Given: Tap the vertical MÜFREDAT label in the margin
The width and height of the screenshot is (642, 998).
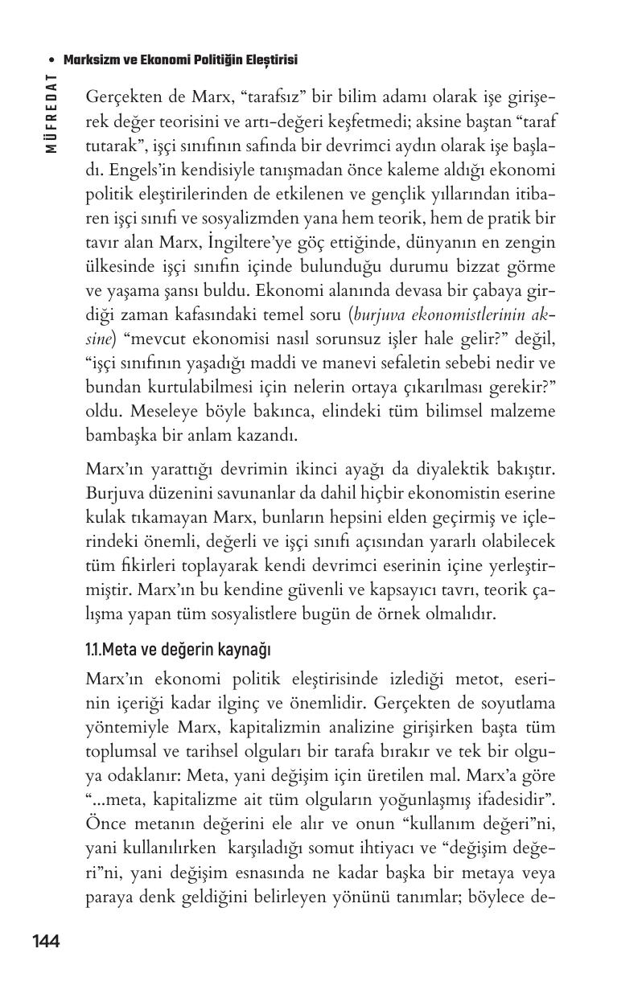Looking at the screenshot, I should coord(51,113).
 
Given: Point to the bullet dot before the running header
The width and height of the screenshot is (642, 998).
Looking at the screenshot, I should coord(51,60).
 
